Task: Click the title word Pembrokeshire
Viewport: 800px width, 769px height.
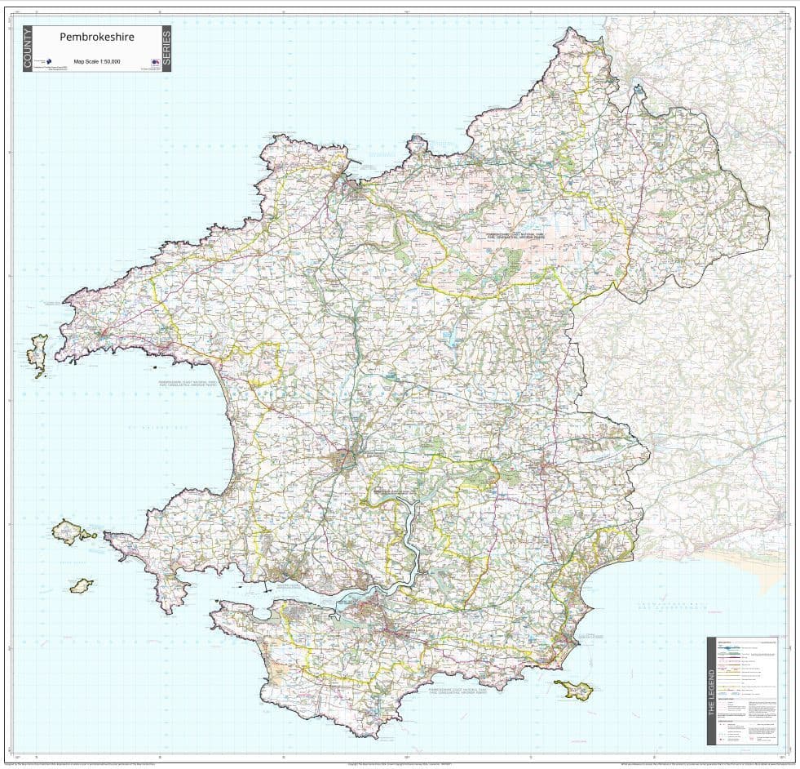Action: coord(97,37)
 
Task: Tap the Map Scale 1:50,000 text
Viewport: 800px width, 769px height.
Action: coord(97,61)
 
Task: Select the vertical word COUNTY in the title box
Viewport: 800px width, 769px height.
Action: coord(29,49)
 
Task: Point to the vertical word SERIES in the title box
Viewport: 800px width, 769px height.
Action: coord(166,49)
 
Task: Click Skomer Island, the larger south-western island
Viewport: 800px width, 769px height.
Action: coord(71,532)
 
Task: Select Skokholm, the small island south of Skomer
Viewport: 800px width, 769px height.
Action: coord(80,587)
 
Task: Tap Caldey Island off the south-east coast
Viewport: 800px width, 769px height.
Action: coord(573,690)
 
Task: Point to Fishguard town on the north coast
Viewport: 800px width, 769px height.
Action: coord(356,189)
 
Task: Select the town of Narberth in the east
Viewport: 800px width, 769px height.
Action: coord(545,467)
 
